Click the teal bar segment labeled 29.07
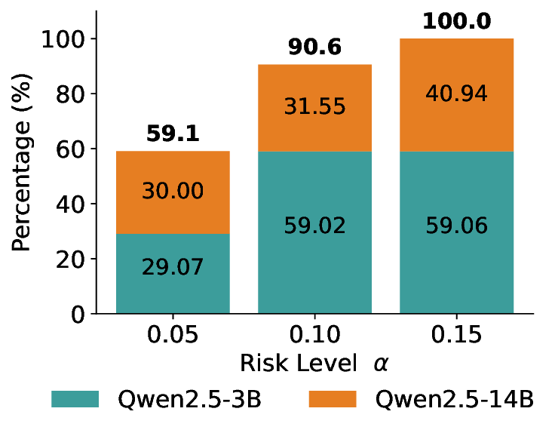[173, 272]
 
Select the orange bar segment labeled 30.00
[173, 192]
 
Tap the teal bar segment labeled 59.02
[314, 232]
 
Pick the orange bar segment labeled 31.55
[314, 107]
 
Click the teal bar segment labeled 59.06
[456, 232]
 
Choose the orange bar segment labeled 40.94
[456, 94]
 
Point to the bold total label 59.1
[173, 134]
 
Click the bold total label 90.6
[314, 48]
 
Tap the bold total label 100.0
[456, 21]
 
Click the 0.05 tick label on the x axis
[173, 334]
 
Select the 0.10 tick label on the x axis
[314, 334]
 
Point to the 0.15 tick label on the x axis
[456, 334]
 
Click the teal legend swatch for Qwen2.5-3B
[75, 399]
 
